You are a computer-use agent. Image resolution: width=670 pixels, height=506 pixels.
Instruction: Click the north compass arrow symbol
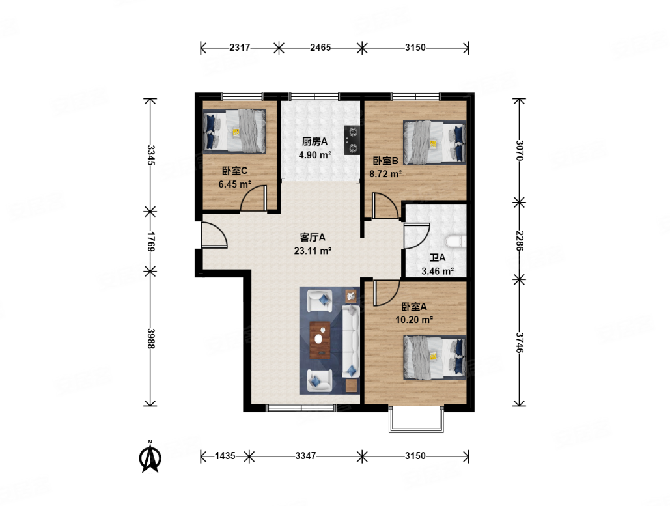(150, 457)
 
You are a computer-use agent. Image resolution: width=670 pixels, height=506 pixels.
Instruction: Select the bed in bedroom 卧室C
(234, 131)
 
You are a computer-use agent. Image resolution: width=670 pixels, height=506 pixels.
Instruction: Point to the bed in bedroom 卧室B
(434, 143)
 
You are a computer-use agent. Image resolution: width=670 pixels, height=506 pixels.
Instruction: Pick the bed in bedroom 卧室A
(434, 358)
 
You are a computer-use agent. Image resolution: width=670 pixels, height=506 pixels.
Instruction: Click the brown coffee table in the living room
(320, 340)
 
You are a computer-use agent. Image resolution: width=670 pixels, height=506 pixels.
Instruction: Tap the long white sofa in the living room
(351, 341)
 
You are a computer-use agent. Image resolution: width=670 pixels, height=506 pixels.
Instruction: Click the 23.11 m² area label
(313, 251)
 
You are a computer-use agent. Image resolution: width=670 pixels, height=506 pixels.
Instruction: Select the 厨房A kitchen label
(314, 141)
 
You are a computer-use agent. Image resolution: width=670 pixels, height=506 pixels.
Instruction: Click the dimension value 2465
(320, 48)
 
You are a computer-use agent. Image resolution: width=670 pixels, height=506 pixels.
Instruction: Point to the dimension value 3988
(150, 339)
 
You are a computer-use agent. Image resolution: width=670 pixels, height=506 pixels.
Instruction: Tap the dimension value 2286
(519, 240)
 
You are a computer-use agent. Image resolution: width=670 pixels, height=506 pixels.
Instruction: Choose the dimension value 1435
(225, 456)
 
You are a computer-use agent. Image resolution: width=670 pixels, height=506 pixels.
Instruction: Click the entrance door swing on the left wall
(214, 234)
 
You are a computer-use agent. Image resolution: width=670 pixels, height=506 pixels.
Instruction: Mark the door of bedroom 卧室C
(254, 198)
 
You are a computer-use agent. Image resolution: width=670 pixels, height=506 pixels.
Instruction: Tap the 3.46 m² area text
(438, 271)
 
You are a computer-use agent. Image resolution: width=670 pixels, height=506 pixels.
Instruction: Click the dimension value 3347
(305, 456)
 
